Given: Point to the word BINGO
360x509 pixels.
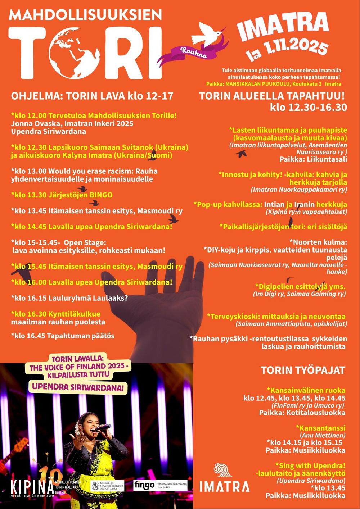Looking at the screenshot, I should pos(101,195).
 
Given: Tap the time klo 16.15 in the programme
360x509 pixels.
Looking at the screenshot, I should pos(29,298).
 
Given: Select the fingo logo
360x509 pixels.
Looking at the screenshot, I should pos(144,485).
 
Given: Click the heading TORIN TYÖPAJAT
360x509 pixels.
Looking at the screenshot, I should pos(303,370).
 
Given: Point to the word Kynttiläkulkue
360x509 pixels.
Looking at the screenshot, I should pos(76,314).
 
